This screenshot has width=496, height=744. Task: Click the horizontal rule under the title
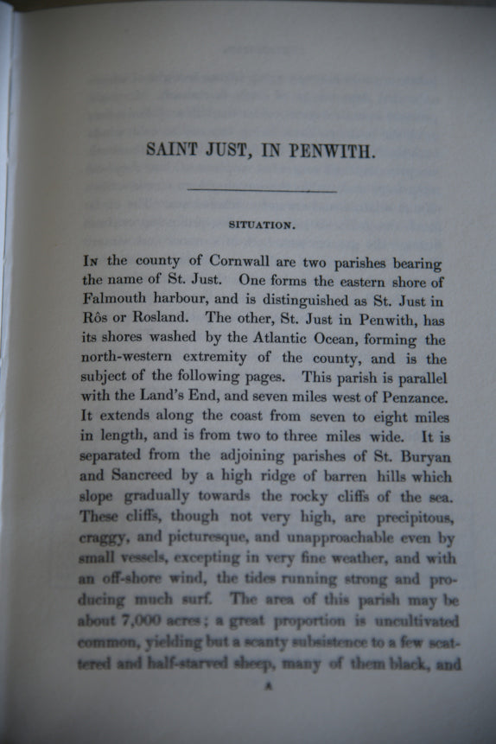262,189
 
